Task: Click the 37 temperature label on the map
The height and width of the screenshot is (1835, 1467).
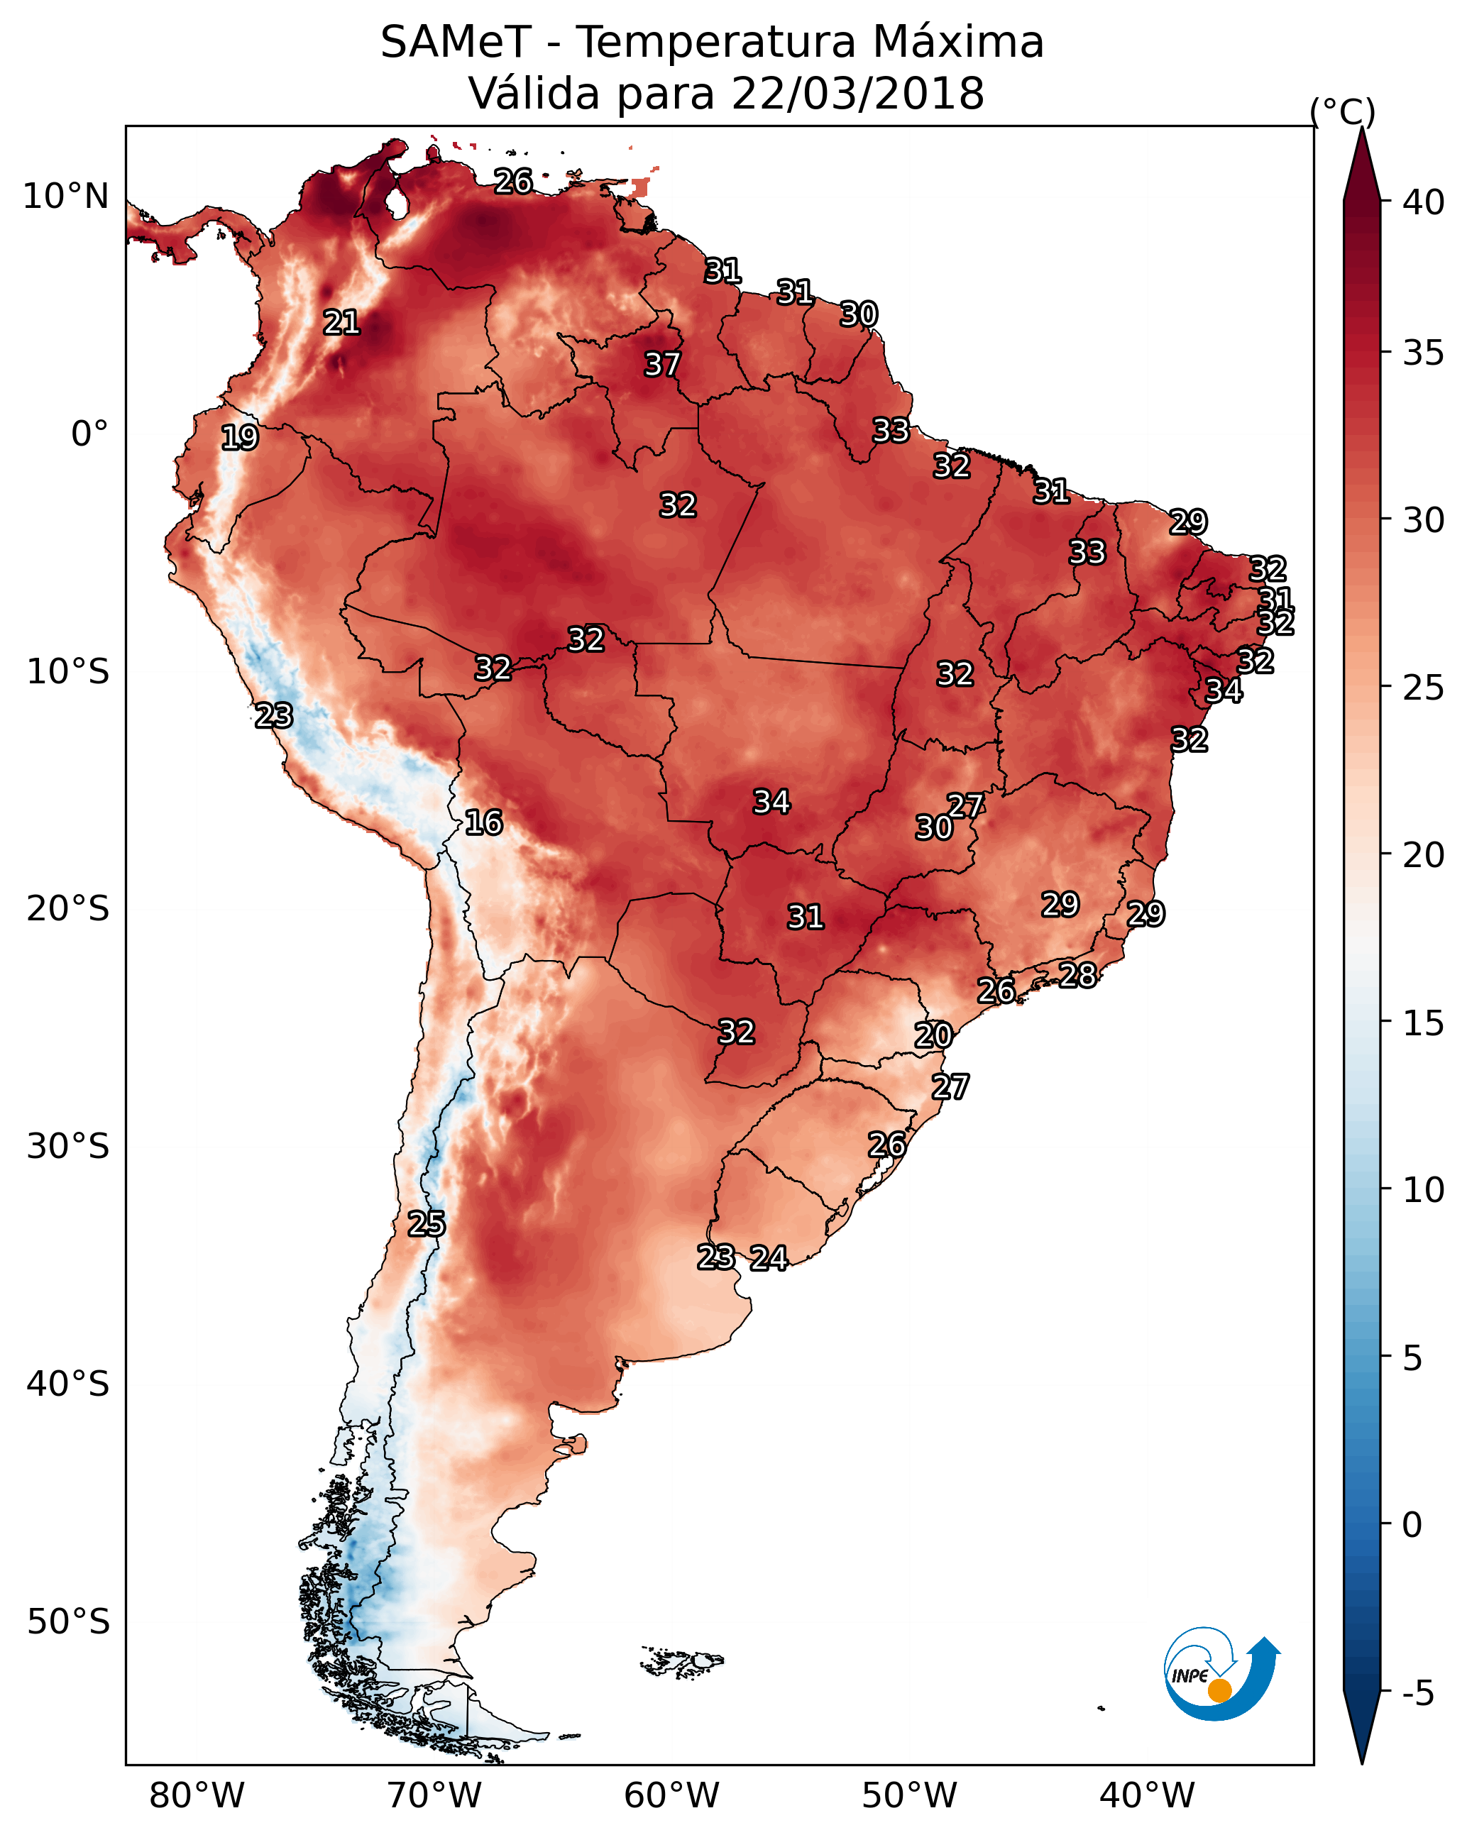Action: point(661,364)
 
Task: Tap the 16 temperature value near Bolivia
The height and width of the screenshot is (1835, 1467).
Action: point(483,822)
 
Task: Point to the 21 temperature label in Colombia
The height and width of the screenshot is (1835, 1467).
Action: point(341,323)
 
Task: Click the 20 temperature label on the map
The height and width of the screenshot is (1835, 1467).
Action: point(933,1035)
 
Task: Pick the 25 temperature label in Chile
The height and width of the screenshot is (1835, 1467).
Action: point(426,1224)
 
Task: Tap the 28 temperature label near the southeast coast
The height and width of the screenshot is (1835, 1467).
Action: point(1077,974)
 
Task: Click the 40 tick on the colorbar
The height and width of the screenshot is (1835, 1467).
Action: point(1424,202)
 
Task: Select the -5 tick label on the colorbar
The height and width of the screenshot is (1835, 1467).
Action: point(1417,1694)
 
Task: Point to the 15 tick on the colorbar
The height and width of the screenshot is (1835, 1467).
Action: point(1424,1023)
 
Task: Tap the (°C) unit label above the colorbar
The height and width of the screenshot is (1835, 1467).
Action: point(1342,111)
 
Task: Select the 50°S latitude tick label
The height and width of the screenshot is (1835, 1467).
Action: point(68,1622)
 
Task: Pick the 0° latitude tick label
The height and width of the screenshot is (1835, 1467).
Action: point(89,434)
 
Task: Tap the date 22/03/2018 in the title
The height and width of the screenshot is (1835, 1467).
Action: point(857,93)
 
